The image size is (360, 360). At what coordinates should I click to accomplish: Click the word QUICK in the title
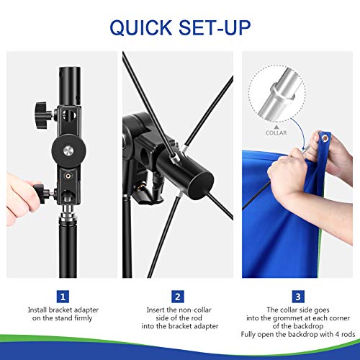coord(140,27)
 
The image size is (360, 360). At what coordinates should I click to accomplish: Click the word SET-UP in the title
coord(215,27)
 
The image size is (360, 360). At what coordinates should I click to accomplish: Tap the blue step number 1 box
coord(63,297)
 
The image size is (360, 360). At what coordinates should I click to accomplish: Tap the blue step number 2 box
coord(178,297)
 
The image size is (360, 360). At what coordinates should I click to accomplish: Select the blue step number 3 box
coord(298,297)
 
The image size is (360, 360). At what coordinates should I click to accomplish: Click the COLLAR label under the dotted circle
coord(276,132)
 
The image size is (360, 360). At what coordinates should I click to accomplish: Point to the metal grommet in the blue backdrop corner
coord(325,138)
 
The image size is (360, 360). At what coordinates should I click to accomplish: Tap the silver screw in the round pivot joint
coord(68,150)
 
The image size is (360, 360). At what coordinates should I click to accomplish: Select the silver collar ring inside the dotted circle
coord(282,91)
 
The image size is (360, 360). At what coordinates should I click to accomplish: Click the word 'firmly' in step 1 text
coord(84,318)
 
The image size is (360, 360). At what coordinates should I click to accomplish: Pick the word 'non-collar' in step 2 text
coord(195,310)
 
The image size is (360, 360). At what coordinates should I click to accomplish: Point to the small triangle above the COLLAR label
coord(276,127)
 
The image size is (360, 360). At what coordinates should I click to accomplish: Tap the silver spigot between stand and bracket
coord(68,212)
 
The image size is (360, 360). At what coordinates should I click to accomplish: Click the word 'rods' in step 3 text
coord(348,334)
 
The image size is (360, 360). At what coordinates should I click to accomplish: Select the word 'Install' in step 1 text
coord(37,310)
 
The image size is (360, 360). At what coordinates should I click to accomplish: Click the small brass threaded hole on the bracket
coord(68,176)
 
